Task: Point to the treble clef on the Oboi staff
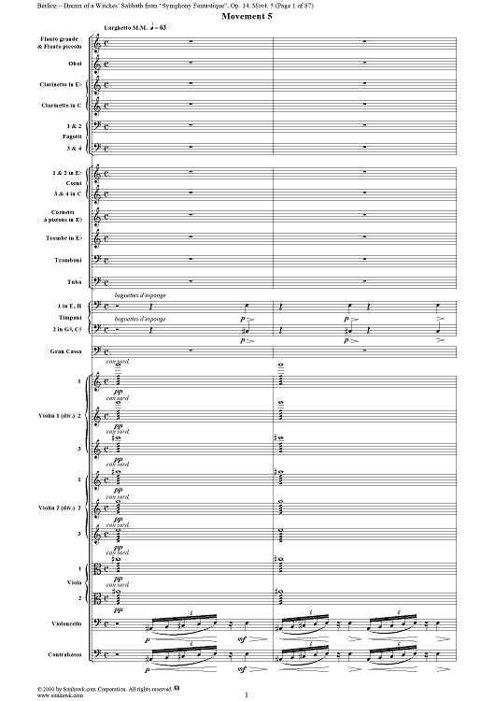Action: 105,64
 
